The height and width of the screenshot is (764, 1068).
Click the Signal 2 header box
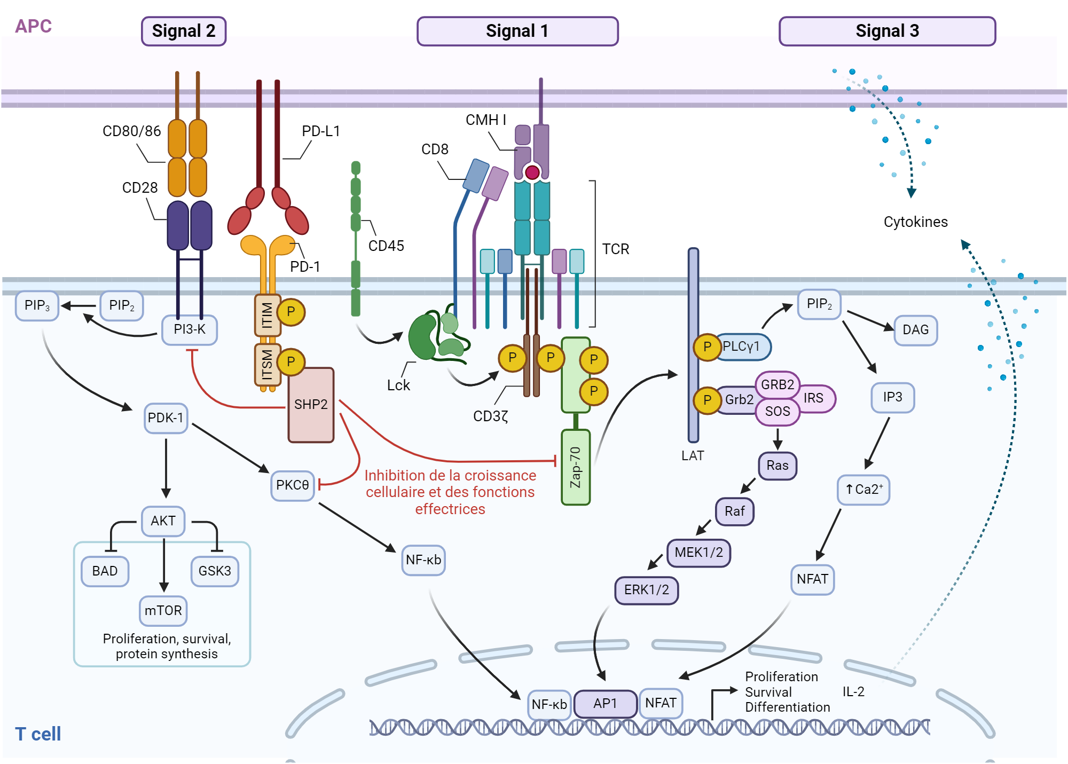(184, 31)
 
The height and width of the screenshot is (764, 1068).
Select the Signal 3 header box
(887, 31)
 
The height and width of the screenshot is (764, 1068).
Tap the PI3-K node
(190, 329)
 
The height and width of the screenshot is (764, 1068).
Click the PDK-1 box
(166, 418)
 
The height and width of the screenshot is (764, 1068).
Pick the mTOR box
(163, 610)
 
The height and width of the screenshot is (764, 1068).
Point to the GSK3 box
(215, 571)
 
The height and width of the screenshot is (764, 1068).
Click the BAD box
(105, 571)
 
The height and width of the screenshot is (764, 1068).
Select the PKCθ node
(292, 485)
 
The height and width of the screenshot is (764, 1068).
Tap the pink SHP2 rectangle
(311, 405)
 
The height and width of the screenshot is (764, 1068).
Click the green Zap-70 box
(576, 467)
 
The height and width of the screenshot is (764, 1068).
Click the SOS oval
(778, 412)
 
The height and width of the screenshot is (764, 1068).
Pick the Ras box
(778, 466)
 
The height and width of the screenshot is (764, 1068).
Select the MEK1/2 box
(698, 553)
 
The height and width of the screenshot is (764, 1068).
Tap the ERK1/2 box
(646, 590)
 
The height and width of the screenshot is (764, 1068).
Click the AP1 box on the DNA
(605, 704)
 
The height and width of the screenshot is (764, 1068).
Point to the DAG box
(915, 330)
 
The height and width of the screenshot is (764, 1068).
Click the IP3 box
(892, 397)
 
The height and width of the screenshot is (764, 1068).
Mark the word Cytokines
(915, 222)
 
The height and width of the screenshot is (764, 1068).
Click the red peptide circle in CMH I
(532, 172)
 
